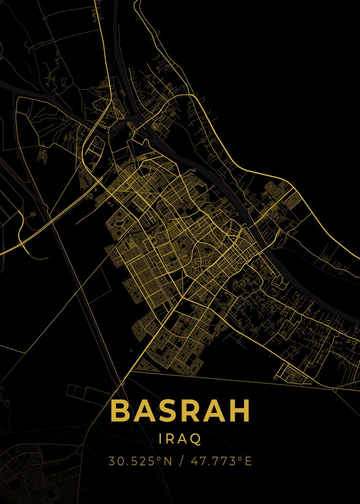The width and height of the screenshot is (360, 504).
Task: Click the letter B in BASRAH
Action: click(121, 411)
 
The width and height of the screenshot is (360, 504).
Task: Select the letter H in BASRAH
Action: click(238, 411)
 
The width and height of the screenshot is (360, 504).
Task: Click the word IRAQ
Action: click(180, 439)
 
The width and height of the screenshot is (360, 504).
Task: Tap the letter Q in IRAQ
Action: click(196, 439)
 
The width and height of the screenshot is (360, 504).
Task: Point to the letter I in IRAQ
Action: click(162, 439)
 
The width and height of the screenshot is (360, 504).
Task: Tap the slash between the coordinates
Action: click(181, 461)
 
